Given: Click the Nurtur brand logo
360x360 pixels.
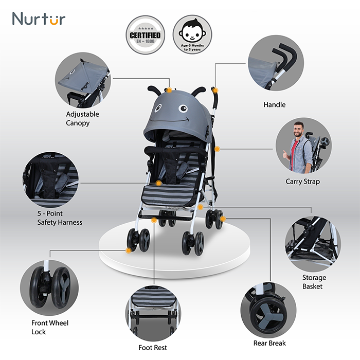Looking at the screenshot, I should (x=39, y=19).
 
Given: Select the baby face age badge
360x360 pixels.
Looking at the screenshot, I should (x=192, y=35).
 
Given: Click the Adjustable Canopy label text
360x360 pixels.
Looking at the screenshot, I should (x=82, y=118).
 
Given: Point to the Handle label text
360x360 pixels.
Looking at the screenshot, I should (x=274, y=105).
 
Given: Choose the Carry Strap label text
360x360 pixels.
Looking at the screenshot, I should (x=302, y=182).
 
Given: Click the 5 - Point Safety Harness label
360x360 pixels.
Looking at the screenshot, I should (x=60, y=218).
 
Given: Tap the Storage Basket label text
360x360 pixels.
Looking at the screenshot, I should (x=314, y=282).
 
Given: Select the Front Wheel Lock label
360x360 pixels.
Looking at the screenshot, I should (x=50, y=327).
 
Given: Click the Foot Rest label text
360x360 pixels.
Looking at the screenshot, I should (x=153, y=348).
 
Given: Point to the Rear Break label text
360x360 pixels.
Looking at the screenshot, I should (x=269, y=343).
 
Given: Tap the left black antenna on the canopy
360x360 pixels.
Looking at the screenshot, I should (x=154, y=91).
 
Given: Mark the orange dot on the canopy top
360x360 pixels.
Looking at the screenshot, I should (x=169, y=91).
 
